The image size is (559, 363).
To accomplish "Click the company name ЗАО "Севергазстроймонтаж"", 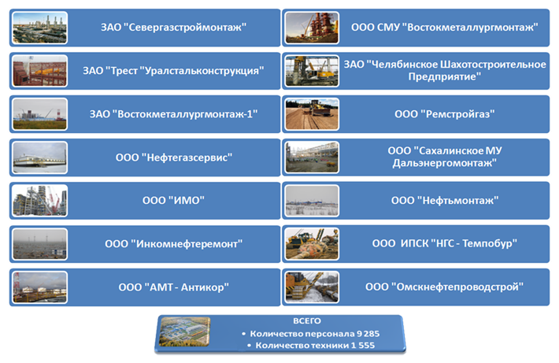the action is pyautogui.click(x=174, y=28).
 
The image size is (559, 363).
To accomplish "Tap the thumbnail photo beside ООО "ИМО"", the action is pyautogui.click(x=40, y=201).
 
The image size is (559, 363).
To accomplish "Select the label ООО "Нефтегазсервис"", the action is pyautogui.click(x=174, y=157).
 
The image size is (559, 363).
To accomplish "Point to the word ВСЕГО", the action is pyautogui.click(x=307, y=321).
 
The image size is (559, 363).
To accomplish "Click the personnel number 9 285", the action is pyautogui.click(x=368, y=334).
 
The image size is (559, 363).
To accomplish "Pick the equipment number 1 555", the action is pyautogui.click(x=363, y=345).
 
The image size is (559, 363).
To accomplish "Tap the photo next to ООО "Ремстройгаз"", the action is pyautogui.click(x=312, y=114).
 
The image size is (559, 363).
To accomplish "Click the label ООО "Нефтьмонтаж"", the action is pyautogui.click(x=445, y=201).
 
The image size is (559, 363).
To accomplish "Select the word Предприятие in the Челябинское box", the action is pyautogui.click(x=445, y=76).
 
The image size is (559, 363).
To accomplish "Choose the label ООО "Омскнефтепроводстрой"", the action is pyautogui.click(x=444, y=287).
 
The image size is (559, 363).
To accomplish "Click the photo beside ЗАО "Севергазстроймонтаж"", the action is pyautogui.click(x=40, y=28).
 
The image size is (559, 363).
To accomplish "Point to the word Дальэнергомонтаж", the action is pyautogui.click(x=445, y=163).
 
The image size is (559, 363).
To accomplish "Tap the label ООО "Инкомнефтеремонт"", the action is pyautogui.click(x=174, y=244).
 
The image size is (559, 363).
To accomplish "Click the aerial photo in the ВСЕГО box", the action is pyautogui.click(x=185, y=332).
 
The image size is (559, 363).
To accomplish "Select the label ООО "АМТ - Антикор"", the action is pyautogui.click(x=174, y=287).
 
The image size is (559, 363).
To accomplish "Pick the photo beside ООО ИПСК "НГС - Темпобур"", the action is pyautogui.click(x=312, y=244).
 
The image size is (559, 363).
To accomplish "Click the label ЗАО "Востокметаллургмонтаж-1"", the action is pyautogui.click(x=174, y=114).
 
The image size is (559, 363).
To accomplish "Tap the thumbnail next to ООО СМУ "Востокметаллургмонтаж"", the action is pyautogui.click(x=312, y=28).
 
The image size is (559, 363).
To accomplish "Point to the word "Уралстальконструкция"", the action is pyautogui.click(x=204, y=71).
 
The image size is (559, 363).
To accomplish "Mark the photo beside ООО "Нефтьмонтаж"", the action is pyautogui.click(x=312, y=201).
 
